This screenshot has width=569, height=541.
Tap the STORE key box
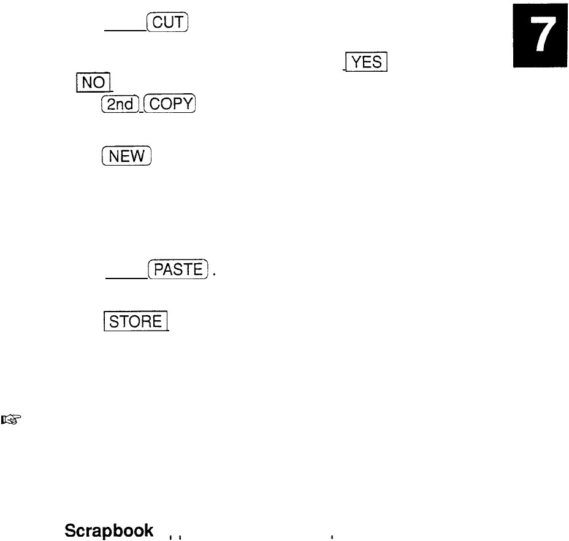136,321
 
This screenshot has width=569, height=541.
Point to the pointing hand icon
10,420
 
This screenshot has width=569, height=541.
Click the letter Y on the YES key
353,63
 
